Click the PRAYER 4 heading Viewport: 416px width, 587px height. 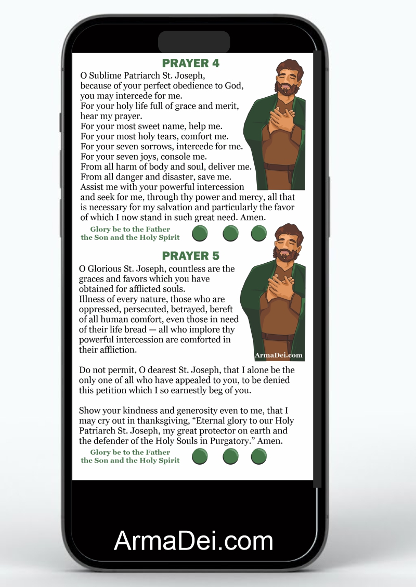[191, 63]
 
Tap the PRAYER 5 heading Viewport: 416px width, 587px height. [191, 256]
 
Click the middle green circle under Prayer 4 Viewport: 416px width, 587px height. [230, 234]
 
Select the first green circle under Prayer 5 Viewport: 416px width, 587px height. [200, 456]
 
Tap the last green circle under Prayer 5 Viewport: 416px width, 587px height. [258, 456]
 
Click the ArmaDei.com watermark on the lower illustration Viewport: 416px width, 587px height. [279, 355]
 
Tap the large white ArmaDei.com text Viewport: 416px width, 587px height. [193, 541]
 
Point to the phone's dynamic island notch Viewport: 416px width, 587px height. [193, 42]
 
